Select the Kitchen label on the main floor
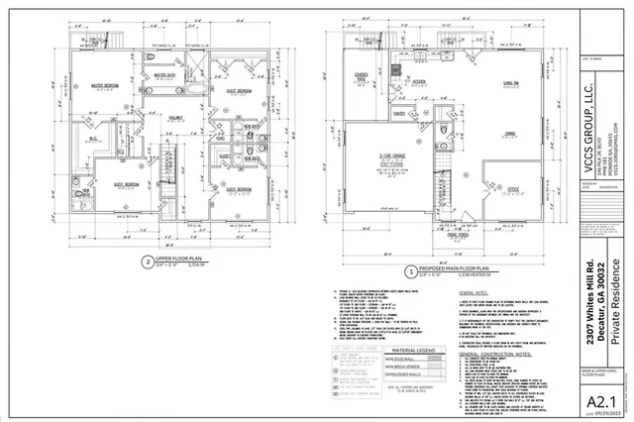click(419, 84)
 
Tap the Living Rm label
click(512, 84)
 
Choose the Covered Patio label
click(362, 76)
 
